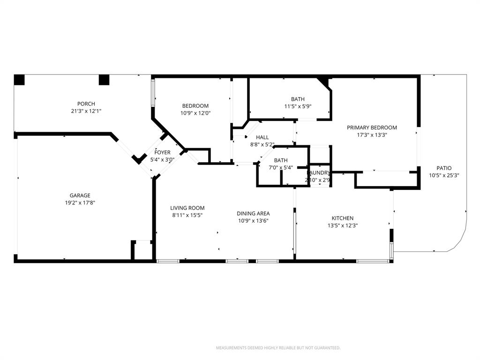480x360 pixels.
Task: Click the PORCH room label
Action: pos(86,104)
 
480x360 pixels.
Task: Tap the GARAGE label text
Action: pos(80,195)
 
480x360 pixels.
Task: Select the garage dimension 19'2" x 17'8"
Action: pos(80,203)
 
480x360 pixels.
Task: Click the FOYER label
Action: pos(163,152)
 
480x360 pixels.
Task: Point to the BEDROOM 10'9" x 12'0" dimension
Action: pos(195,113)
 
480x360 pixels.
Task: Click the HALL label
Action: pos(262,137)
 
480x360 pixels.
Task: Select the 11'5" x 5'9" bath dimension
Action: pos(297,106)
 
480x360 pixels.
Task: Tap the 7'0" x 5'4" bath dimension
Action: pos(281,167)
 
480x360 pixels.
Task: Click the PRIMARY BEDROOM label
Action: pos(372,127)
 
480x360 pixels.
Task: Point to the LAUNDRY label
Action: pos(318,173)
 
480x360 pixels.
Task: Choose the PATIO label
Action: pos(444,168)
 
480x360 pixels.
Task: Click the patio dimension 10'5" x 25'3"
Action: pos(444,175)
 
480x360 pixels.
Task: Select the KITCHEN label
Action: pos(342,218)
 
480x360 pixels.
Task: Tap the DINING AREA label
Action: pos(253,213)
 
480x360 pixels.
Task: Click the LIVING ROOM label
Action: pos(187,208)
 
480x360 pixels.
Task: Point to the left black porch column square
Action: pos(19,80)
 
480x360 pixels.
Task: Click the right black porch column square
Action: pos(104,80)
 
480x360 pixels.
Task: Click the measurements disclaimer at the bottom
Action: pos(278,348)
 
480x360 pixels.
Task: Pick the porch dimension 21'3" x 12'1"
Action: pos(86,111)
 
